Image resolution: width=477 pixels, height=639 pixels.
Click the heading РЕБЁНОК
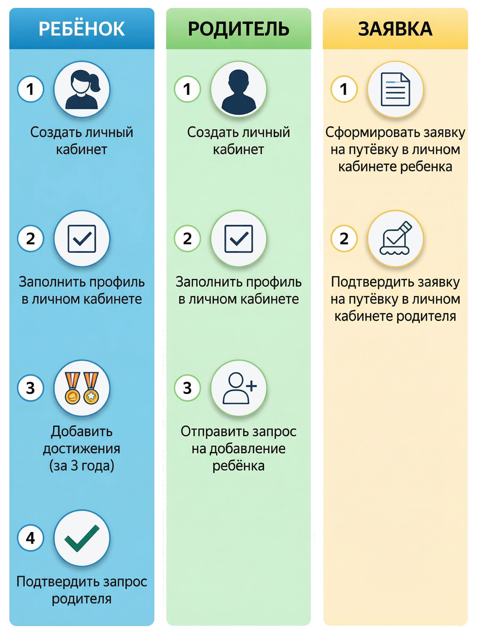(x=82, y=28)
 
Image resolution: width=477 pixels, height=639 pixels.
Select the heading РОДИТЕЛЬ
(x=238, y=29)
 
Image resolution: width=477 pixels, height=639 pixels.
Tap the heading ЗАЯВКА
(x=395, y=29)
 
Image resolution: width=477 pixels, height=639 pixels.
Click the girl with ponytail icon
(x=82, y=89)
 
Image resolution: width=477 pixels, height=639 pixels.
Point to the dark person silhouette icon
(x=238, y=89)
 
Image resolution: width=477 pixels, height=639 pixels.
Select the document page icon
(x=395, y=89)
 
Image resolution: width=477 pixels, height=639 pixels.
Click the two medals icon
(x=82, y=388)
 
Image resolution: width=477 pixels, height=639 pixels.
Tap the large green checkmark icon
(x=82, y=538)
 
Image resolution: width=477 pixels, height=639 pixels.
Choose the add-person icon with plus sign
(x=238, y=388)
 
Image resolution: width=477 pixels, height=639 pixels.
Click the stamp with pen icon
(x=395, y=239)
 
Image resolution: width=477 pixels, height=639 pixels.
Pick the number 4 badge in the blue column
(x=30, y=538)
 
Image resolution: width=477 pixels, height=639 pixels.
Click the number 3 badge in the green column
(x=187, y=388)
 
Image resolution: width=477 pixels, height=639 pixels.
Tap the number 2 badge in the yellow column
(x=344, y=239)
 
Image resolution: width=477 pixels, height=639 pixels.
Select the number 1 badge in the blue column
(x=30, y=89)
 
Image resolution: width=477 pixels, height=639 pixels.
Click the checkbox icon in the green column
(x=238, y=239)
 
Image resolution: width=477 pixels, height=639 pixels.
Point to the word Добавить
(x=82, y=431)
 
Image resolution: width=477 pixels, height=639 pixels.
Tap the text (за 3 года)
(x=82, y=465)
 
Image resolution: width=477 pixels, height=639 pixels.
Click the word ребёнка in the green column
(x=238, y=465)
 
